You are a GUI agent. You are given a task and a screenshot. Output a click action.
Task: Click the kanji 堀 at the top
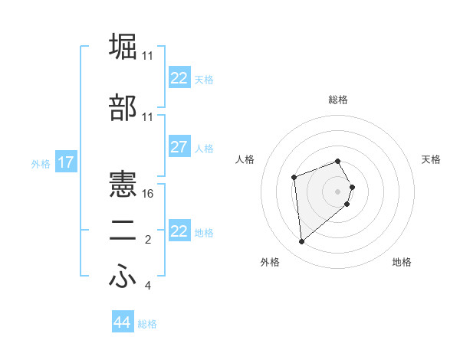click(123, 46)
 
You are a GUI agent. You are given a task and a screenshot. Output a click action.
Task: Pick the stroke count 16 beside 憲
click(149, 194)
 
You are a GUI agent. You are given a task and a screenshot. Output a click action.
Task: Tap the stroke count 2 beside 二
click(149, 241)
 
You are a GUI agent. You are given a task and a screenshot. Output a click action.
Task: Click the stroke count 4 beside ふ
click(148, 286)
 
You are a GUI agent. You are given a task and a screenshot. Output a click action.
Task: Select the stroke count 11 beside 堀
click(148, 56)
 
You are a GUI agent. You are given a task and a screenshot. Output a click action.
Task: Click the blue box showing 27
click(179, 147)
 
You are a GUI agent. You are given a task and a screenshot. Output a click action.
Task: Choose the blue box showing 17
click(66, 162)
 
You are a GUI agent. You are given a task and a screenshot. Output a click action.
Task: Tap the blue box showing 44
click(122, 322)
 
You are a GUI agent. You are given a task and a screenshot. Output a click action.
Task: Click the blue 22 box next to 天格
click(179, 78)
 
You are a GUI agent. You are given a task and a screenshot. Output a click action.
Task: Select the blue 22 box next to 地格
click(179, 231)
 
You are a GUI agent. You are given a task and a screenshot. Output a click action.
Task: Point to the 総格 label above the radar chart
click(338, 100)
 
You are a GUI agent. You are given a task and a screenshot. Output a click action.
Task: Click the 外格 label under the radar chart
click(270, 262)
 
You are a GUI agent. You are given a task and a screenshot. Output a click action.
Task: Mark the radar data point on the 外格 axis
click(302, 241)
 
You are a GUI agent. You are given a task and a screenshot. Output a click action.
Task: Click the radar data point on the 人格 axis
click(294, 178)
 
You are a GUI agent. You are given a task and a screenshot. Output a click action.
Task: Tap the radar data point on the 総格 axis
click(338, 162)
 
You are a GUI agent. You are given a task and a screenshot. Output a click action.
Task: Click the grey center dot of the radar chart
click(338, 191)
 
